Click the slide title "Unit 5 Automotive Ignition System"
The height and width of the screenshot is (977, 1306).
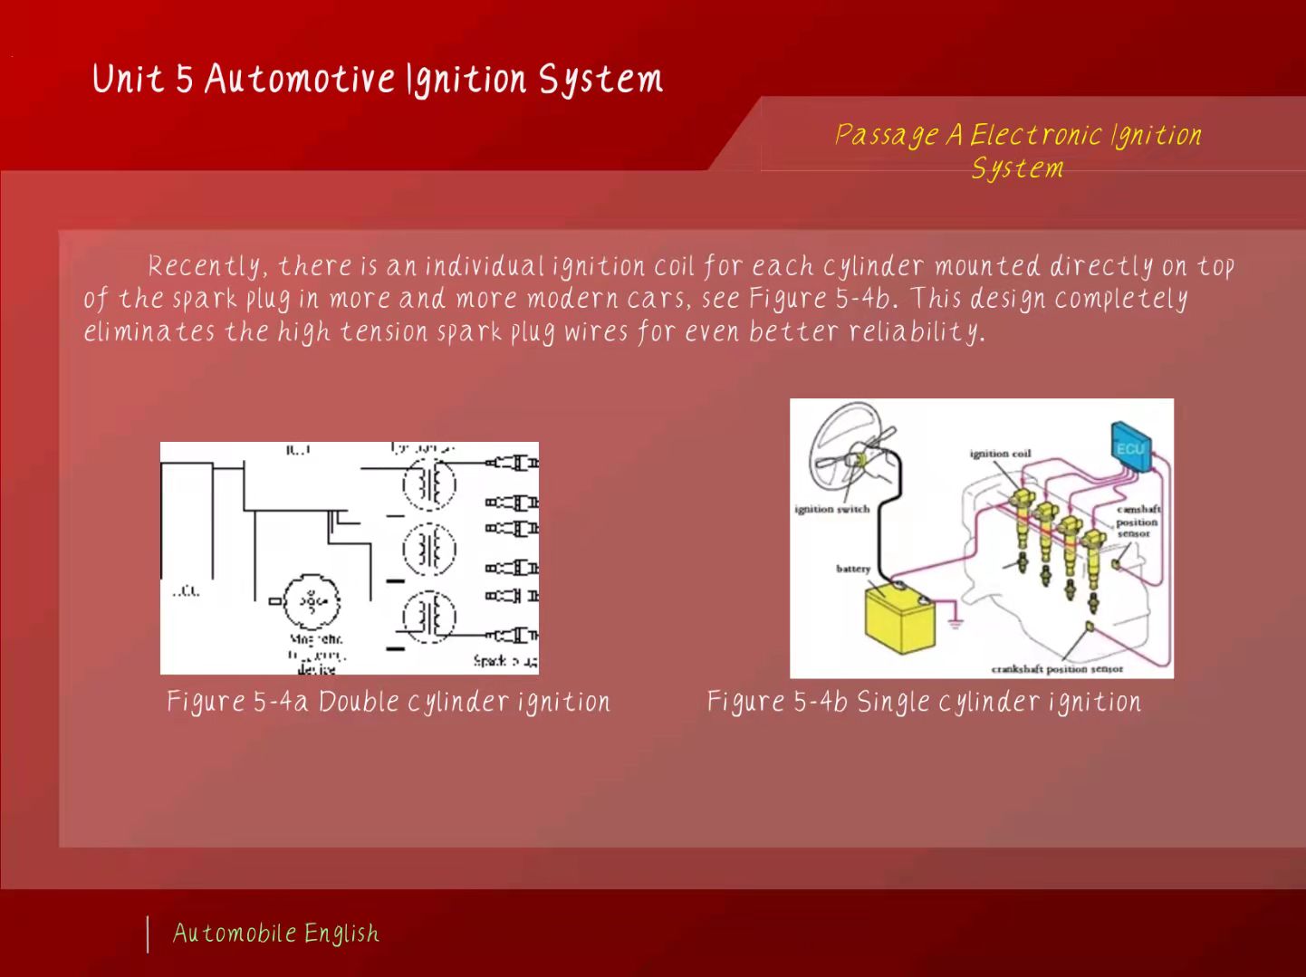pos(377,80)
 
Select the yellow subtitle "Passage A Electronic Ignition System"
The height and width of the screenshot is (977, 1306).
pos(1017,151)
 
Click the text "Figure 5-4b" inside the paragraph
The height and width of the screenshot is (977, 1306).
pos(821,299)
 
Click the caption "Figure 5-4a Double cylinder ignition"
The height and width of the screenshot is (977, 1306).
pos(389,703)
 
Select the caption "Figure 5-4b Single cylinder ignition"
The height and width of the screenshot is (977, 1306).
pos(924,703)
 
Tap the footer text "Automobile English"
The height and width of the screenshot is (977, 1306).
pos(276,934)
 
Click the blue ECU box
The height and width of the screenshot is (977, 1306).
pos(1130,448)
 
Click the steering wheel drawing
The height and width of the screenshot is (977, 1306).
pos(849,447)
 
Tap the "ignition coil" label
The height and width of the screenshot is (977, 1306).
pos(1000,454)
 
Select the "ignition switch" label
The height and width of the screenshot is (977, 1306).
pos(831,509)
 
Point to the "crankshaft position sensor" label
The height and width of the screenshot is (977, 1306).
pos(1057,669)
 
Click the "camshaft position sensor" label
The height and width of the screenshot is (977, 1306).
pos(1138,522)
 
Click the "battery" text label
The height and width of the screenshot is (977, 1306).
pos(852,569)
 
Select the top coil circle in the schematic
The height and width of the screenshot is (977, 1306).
pos(429,483)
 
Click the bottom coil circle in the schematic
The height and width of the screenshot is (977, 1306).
pos(429,617)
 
